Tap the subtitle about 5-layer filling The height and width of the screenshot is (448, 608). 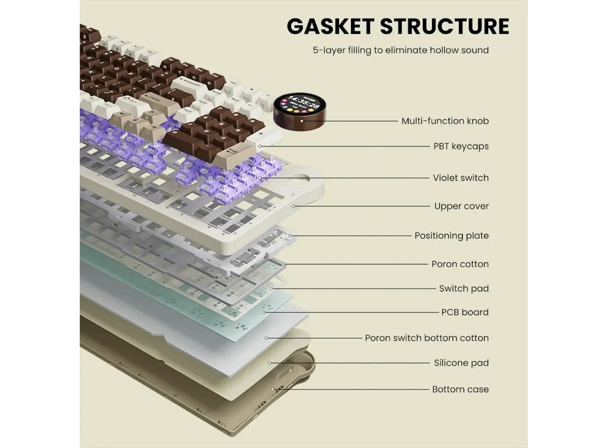pyautogui.click(x=401, y=50)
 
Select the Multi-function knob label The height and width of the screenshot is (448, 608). pyautogui.click(x=444, y=121)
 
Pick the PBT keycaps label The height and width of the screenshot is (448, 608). pyautogui.click(x=461, y=146)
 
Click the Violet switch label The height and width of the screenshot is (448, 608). pyautogui.click(x=461, y=178)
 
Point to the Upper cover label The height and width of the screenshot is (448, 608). pyautogui.click(x=461, y=207)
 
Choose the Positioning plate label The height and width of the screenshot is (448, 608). pyautogui.click(x=451, y=236)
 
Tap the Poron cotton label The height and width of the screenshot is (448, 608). pyautogui.click(x=460, y=264)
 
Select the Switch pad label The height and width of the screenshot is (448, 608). pyautogui.click(x=463, y=289)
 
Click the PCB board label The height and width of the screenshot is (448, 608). pyautogui.click(x=465, y=312)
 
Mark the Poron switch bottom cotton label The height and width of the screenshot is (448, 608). pyautogui.click(x=427, y=338)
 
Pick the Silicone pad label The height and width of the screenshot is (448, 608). pyautogui.click(x=461, y=363)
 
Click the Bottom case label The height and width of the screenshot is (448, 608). pyautogui.click(x=460, y=390)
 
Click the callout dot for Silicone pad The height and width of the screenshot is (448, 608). pyautogui.click(x=270, y=363)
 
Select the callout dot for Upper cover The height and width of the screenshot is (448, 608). pyautogui.click(x=293, y=206)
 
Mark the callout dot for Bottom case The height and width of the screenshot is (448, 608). pyautogui.click(x=272, y=389)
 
